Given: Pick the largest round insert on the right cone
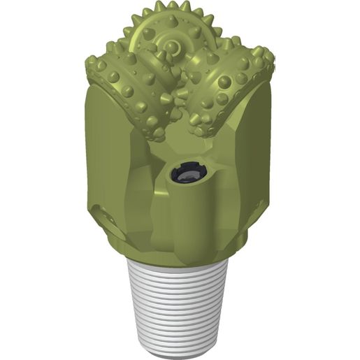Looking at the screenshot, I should click(x=224, y=82).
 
